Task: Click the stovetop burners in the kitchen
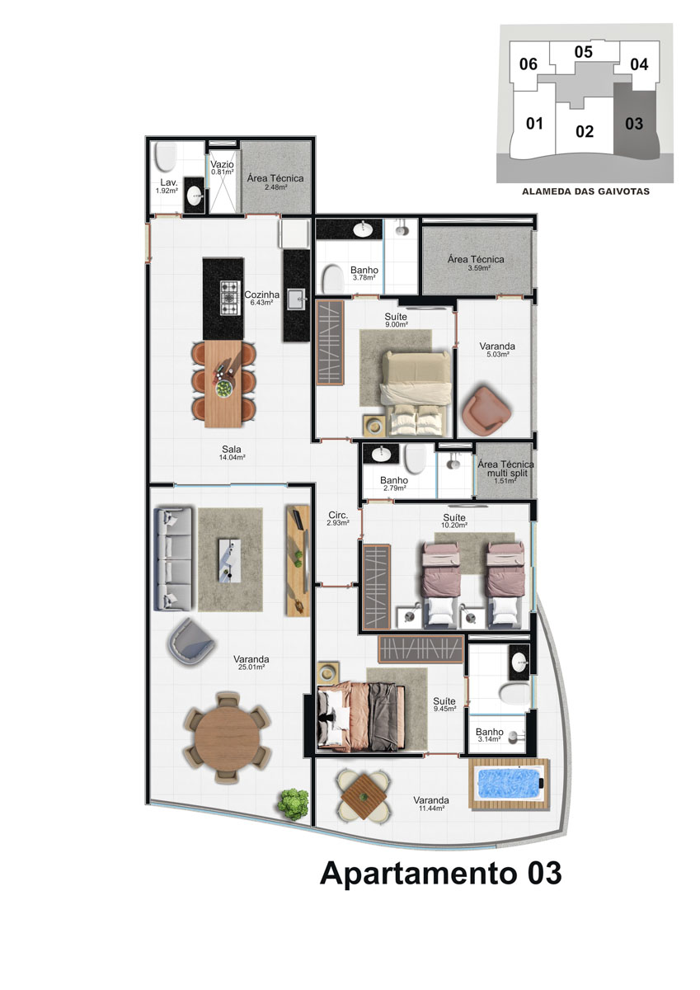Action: (x=231, y=298)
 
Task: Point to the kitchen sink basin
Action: (x=297, y=299)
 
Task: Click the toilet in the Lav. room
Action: (x=166, y=157)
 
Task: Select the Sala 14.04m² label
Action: (x=232, y=453)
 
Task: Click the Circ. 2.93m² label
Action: (x=338, y=518)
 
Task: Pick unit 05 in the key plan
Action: (x=583, y=52)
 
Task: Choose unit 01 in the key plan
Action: (x=534, y=123)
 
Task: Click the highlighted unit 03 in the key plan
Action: (x=634, y=123)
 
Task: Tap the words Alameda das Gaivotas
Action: (x=585, y=191)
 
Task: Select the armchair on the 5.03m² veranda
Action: (x=486, y=408)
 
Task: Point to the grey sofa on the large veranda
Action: (x=172, y=559)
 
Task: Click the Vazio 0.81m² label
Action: (x=222, y=168)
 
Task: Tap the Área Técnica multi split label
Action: (x=505, y=472)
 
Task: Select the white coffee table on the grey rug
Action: (x=230, y=560)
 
